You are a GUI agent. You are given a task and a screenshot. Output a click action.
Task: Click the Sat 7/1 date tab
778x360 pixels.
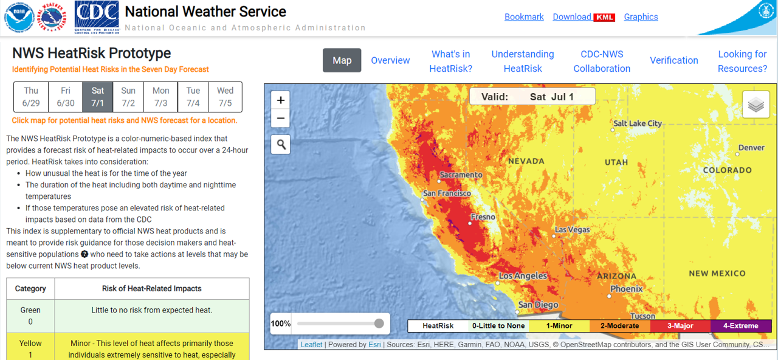click(98, 97)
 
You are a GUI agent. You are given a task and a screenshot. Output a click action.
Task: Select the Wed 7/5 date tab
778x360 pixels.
click(225, 97)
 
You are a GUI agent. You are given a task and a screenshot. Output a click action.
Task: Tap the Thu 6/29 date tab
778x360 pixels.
click(31, 97)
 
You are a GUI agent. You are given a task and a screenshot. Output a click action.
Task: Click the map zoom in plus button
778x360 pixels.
click(280, 100)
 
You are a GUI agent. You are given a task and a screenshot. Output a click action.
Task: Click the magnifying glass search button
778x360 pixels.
click(280, 144)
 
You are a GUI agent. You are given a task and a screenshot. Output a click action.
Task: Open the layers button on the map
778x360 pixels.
click(756, 105)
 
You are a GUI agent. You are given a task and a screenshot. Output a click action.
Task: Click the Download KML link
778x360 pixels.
click(583, 17)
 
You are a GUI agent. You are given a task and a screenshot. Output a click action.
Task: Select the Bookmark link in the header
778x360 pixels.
click(524, 17)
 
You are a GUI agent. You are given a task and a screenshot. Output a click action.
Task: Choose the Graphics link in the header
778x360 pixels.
click(641, 17)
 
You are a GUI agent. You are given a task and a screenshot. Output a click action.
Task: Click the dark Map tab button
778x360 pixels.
click(342, 60)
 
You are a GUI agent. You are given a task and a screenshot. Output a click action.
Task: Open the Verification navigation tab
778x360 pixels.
click(673, 60)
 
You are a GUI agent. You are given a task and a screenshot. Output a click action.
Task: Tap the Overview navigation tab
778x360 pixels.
click(390, 60)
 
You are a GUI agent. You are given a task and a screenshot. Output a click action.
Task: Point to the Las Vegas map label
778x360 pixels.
click(572, 230)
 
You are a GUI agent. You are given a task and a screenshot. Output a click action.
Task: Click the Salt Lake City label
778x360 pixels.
click(638, 123)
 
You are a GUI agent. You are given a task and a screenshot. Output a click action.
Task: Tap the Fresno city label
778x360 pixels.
click(483, 217)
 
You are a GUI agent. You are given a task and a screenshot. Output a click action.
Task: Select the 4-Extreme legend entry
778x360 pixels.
click(740, 326)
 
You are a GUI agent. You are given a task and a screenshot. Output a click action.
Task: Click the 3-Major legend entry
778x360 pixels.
click(680, 326)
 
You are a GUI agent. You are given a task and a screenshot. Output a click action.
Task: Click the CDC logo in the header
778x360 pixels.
click(96, 15)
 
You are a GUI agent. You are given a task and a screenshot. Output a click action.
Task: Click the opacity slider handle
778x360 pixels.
click(379, 324)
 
